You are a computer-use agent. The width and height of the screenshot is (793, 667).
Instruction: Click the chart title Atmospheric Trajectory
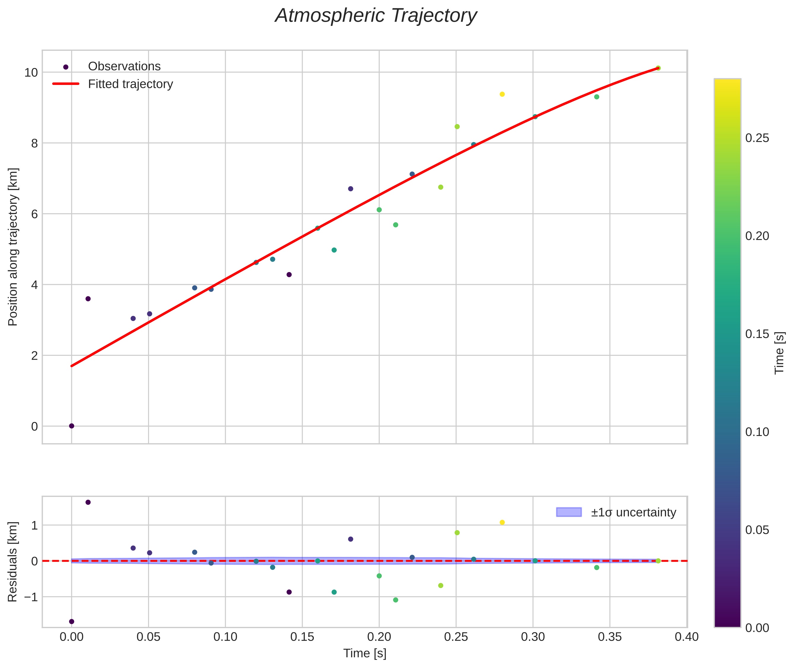point(376,16)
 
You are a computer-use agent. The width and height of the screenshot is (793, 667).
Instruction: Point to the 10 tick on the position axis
point(31,72)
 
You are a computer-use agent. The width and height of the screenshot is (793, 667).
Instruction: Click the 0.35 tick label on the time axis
point(609,637)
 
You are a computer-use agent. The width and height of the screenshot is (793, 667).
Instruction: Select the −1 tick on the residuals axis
point(31,597)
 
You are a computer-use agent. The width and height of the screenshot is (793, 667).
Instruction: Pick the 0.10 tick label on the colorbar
point(757,432)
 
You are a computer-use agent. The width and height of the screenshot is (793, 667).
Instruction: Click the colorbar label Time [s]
point(779,353)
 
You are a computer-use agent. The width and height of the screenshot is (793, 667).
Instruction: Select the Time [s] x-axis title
point(365,653)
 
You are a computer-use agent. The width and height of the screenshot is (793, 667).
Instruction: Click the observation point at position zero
point(71,426)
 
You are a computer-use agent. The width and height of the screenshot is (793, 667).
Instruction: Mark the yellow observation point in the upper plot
point(502,94)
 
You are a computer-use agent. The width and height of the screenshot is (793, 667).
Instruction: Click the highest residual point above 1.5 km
point(88,502)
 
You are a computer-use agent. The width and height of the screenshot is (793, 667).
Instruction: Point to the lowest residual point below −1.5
point(71,621)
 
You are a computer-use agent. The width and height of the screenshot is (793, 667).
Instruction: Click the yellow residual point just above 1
point(502,522)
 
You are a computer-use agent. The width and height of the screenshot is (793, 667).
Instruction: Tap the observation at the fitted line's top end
point(658,68)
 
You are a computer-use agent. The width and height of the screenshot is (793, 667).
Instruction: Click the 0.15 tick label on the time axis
point(302,637)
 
